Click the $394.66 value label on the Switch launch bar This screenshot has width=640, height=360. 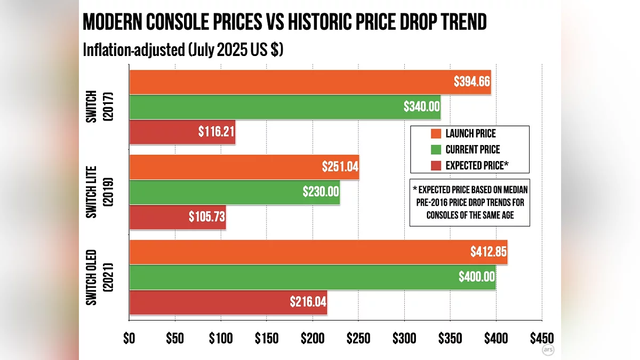(x=471, y=82)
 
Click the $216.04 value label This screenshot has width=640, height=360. (x=308, y=302)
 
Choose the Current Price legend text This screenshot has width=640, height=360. (x=473, y=149)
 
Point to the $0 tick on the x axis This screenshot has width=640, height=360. (x=129, y=338)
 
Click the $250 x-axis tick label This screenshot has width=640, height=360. (x=358, y=338)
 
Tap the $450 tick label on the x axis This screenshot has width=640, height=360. (x=542, y=338)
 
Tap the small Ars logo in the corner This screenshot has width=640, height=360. (x=547, y=350)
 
